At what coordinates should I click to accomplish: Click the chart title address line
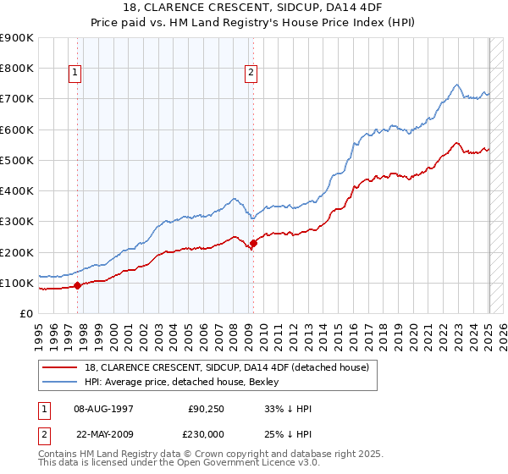point(253,8)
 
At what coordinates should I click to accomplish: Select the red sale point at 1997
point(77,285)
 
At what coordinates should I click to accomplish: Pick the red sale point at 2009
point(253,243)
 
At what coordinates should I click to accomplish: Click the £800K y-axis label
point(17,68)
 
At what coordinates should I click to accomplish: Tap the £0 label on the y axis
point(27,314)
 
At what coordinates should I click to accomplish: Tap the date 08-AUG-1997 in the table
point(104,409)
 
